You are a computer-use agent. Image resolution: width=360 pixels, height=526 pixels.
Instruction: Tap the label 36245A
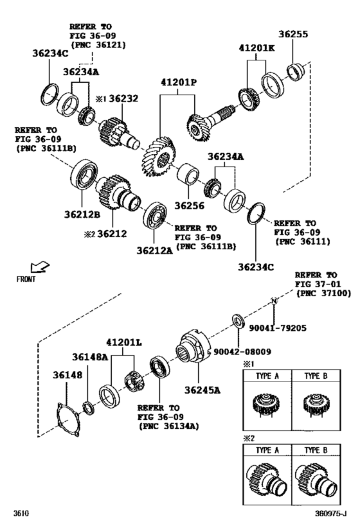click(203, 389)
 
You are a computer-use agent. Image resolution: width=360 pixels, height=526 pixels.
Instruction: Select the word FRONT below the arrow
click(26, 279)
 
